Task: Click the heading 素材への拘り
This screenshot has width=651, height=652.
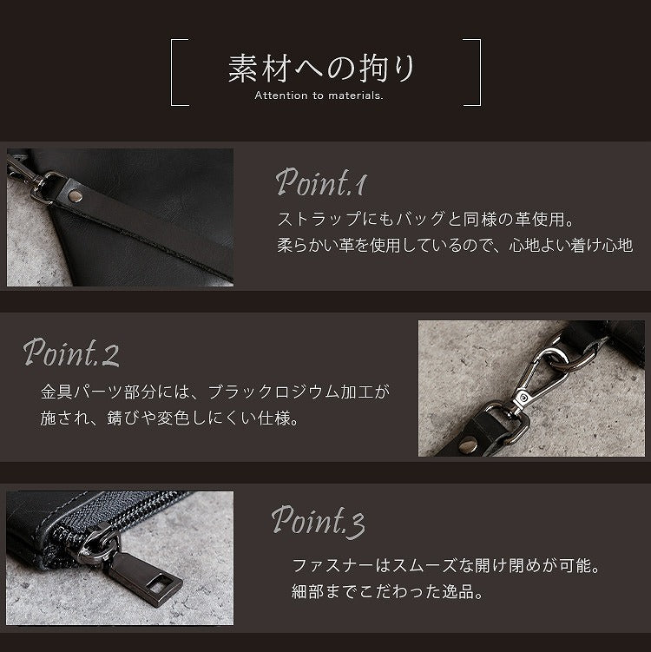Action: point(322,68)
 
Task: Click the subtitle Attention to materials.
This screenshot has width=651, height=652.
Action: point(319,95)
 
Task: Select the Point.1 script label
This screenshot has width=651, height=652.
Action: point(322,182)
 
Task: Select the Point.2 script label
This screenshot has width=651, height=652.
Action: point(71,352)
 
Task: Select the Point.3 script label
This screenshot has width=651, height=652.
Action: point(318,522)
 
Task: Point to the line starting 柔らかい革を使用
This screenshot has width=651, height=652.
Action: point(454,247)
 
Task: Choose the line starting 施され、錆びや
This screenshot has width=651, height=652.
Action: point(169,418)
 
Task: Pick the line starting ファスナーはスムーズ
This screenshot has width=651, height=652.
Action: point(446,566)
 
